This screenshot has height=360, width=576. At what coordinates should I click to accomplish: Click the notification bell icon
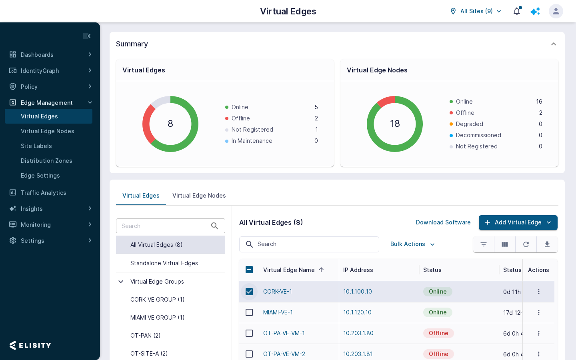[x=517, y=11]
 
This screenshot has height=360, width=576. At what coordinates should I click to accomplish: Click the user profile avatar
[x=556, y=11]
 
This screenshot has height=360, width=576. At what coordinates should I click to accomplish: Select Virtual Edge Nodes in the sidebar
[x=47, y=131]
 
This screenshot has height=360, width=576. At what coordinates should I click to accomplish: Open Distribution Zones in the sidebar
[x=46, y=161]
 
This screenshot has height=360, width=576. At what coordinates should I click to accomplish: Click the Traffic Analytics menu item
[x=44, y=193]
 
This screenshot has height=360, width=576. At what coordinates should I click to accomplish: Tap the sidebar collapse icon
[x=87, y=36]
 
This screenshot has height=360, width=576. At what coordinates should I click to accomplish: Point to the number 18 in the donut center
[x=395, y=124]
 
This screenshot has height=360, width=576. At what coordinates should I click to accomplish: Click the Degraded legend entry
[x=469, y=124]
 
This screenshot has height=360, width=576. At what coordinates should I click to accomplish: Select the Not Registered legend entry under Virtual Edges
[x=252, y=130]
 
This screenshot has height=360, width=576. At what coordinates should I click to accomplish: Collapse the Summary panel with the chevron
[x=553, y=44]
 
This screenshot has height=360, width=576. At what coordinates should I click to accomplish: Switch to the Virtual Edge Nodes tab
[x=199, y=196]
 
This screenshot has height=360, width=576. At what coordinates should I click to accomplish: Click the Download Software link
[x=443, y=222]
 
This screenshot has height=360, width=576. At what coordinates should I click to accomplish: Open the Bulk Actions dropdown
[x=412, y=244]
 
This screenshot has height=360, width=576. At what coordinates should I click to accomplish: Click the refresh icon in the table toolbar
[x=526, y=244]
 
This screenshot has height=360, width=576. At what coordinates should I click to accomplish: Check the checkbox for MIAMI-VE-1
[x=249, y=312]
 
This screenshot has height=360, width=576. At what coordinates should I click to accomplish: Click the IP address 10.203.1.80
[x=358, y=333]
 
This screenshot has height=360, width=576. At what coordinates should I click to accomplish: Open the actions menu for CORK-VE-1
[x=538, y=292]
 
